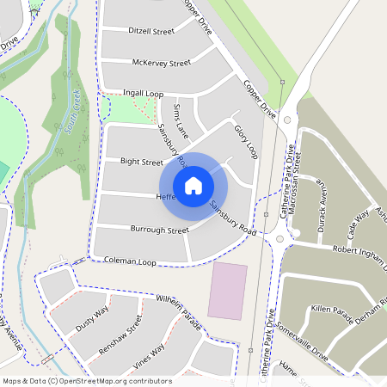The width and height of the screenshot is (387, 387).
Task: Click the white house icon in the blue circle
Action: click(x=193, y=185)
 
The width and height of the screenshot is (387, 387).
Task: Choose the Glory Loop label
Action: click(x=246, y=139)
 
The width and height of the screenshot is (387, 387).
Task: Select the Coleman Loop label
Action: click(x=132, y=259)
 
